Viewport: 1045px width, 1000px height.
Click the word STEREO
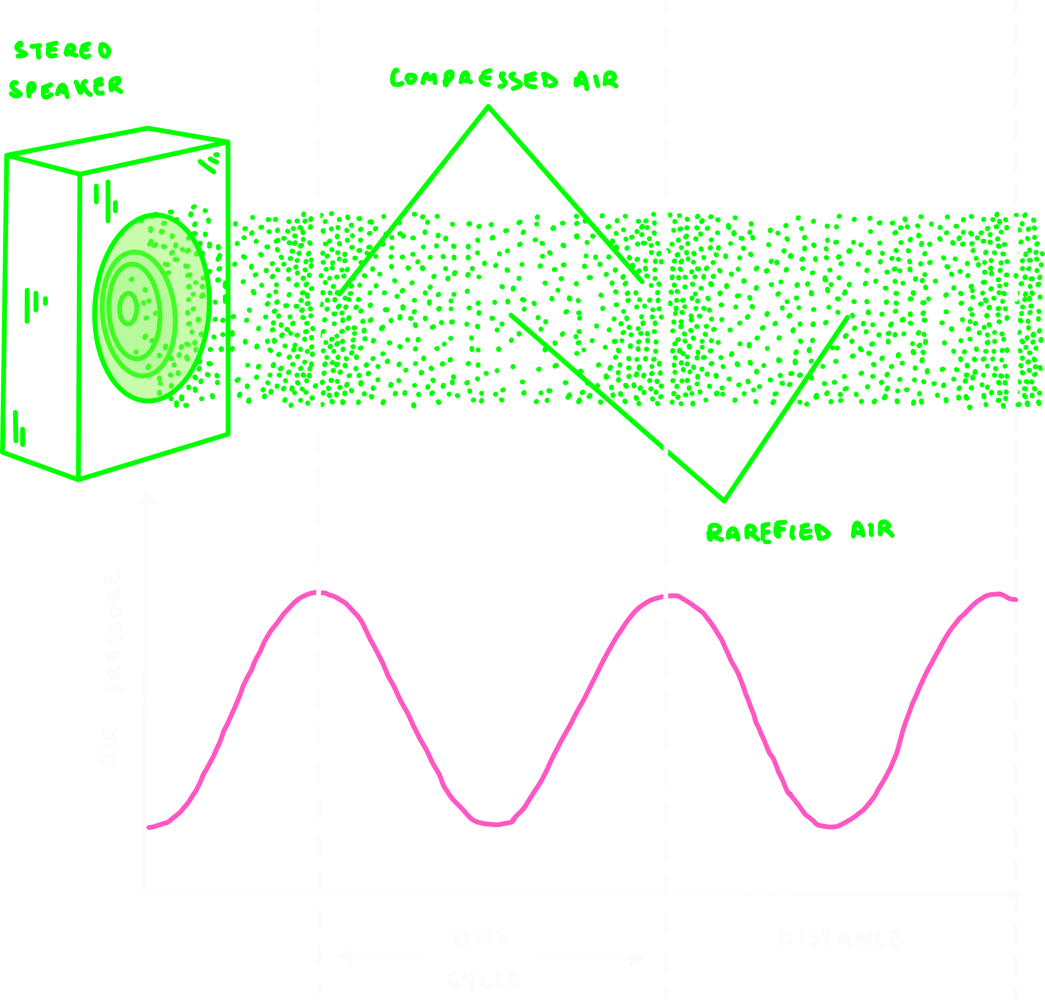(x=63, y=51)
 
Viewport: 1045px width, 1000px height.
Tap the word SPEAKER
(x=66, y=88)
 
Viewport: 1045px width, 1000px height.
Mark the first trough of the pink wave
(x=495, y=824)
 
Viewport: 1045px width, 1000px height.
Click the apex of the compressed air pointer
(x=488, y=107)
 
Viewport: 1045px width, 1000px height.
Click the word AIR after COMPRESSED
(x=596, y=80)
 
